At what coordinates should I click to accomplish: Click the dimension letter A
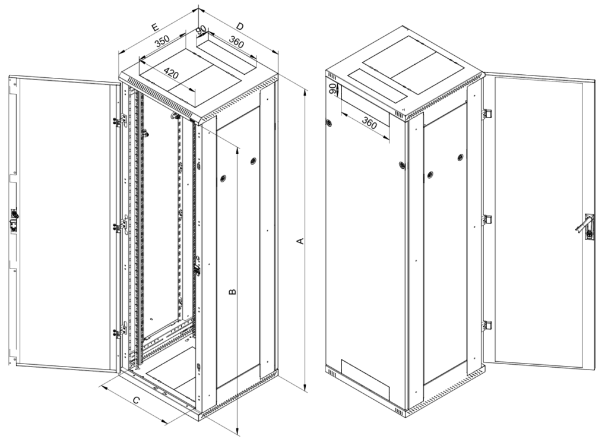(299, 241)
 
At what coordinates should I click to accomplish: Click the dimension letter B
(232, 292)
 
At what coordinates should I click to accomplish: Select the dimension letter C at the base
(137, 400)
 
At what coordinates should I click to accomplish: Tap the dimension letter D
(240, 26)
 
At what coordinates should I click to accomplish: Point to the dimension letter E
(155, 27)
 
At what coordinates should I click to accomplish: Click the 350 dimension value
(162, 41)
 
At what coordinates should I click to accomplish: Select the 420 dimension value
(171, 72)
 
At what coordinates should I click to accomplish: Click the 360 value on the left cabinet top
(236, 42)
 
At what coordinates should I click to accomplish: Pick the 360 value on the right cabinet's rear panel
(369, 123)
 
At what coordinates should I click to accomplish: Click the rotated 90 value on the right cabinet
(332, 89)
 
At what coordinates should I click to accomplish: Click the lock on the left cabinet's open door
(14, 220)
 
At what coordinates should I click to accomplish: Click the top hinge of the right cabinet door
(487, 113)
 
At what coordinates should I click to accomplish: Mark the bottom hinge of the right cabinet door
(487, 326)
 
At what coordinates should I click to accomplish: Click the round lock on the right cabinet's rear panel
(329, 122)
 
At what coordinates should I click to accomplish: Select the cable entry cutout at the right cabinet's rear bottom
(365, 379)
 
